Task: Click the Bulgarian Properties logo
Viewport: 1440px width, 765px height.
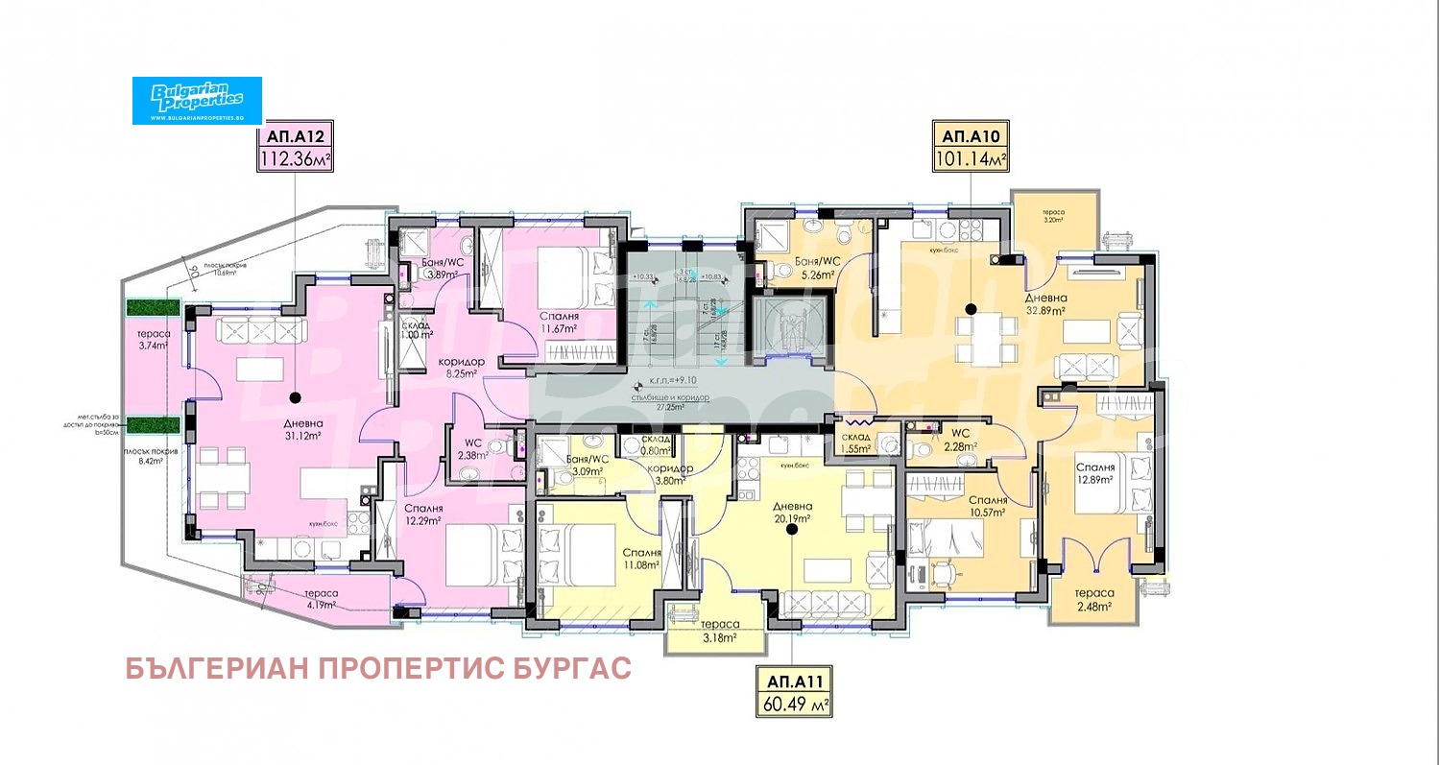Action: coord(197,100)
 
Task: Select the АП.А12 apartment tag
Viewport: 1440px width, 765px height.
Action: coord(295,136)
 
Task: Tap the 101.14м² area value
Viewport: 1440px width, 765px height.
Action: coord(970,159)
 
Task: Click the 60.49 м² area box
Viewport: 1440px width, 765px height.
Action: coord(793,705)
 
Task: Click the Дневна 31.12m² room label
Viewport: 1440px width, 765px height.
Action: coord(302,430)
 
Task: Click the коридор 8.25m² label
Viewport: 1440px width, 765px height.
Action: coord(462,368)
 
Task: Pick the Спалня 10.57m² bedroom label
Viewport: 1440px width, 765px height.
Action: coord(986,506)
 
